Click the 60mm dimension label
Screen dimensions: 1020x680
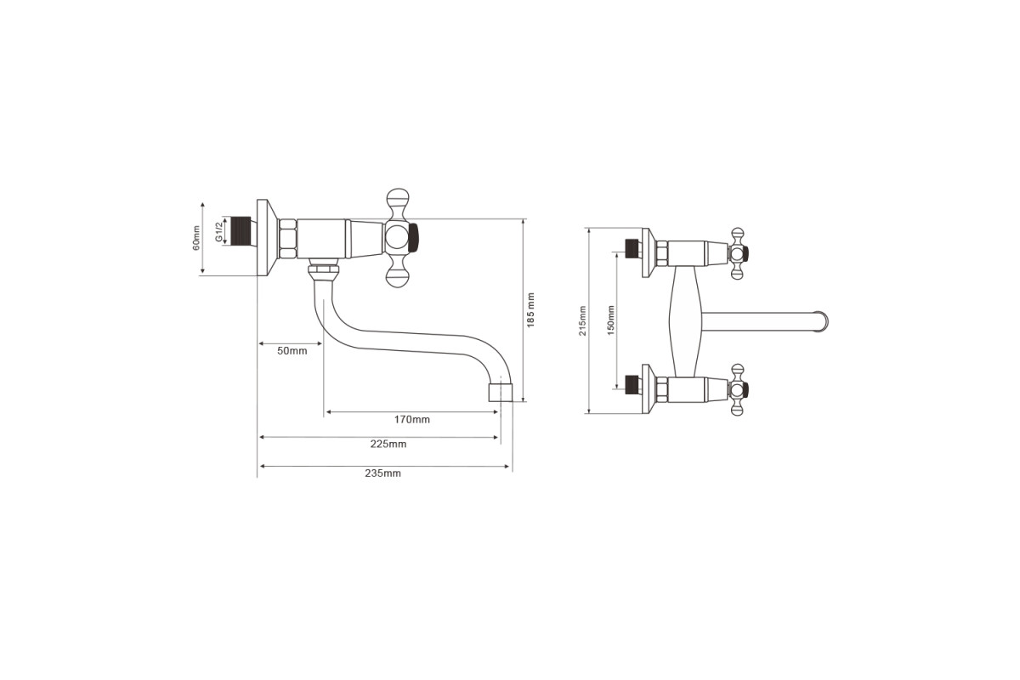coord(195,238)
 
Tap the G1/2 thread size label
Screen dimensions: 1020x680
coord(218,231)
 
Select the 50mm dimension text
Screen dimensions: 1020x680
coord(292,351)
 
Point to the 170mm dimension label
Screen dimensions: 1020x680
coord(412,420)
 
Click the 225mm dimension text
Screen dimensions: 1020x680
coord(388,444)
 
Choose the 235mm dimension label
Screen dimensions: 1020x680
coord(383,473)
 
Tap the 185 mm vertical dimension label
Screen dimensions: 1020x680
coord(530,310)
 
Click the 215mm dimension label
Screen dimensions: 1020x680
coord(582,321)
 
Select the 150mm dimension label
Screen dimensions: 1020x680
coord(611,320)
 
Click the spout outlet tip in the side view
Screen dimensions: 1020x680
coord(501,393)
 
